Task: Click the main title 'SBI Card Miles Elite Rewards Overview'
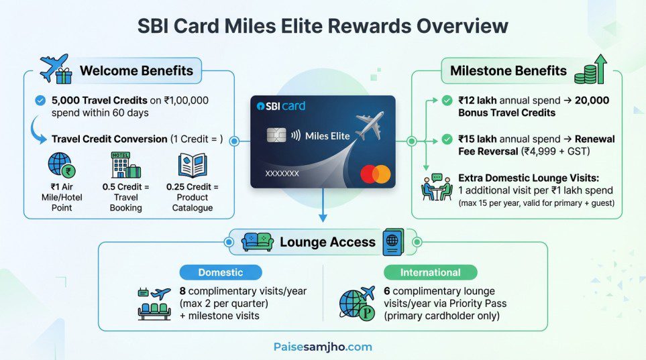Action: [x=323, y=26]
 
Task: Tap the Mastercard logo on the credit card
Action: [x=375, y=174]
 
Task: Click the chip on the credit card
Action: [x=273, y=135]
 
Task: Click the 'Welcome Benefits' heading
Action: [x=136, y=70]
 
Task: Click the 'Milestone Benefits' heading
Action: [x=508, y=70]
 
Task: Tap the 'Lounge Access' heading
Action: [x=327, y=242]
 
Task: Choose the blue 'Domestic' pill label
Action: [x=220, y=272]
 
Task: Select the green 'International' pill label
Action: [x=430, y=272]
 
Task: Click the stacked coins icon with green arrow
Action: [x=591, y=70]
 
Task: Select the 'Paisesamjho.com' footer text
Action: [x=323, y=347]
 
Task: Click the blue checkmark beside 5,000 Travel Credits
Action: [x=40, y=101]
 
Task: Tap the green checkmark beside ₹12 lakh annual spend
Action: [x=447, y=101]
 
